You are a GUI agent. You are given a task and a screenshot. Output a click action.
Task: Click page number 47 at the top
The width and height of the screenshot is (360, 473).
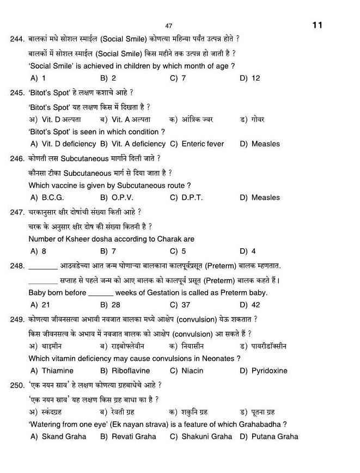(168, 26)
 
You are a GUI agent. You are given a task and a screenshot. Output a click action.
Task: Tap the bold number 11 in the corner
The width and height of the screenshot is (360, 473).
(318, 25)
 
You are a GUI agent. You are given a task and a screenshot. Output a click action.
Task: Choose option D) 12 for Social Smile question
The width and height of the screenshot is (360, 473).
(250, 78)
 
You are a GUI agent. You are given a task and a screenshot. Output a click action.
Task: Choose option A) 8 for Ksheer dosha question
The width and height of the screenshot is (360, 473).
(38, 251)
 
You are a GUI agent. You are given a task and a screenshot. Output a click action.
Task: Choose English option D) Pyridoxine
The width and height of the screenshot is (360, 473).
(263, 371)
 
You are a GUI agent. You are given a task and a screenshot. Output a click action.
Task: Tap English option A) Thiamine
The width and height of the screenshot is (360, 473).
(52, 371)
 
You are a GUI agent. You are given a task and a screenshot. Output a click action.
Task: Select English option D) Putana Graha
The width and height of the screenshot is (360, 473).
(269, 437)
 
